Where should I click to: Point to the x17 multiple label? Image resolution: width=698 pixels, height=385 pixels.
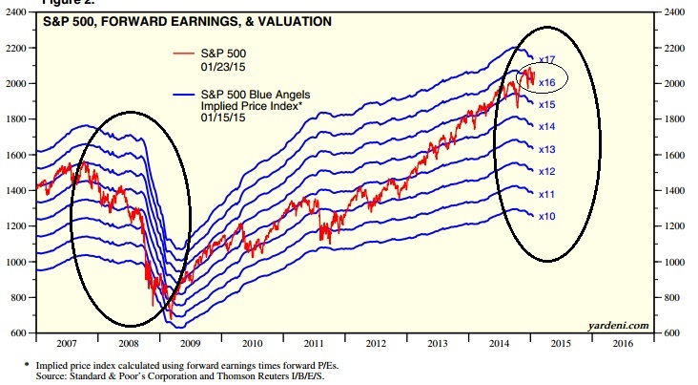tap(547, 59)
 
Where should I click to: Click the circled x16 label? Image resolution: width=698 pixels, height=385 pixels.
tap(547, 82)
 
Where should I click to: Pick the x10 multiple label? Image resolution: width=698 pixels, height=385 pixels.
tap(547, 216)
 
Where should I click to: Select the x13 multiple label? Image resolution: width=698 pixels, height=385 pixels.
tap(547, 149)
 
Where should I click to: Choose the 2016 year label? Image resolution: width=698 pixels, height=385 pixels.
tap(623, 341)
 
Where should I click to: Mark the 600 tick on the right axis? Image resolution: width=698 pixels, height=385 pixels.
tap(672, 332)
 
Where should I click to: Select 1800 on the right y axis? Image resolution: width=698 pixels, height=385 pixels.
tap(674, 119)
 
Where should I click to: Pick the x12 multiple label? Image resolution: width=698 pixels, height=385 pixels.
tap(547, 171)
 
